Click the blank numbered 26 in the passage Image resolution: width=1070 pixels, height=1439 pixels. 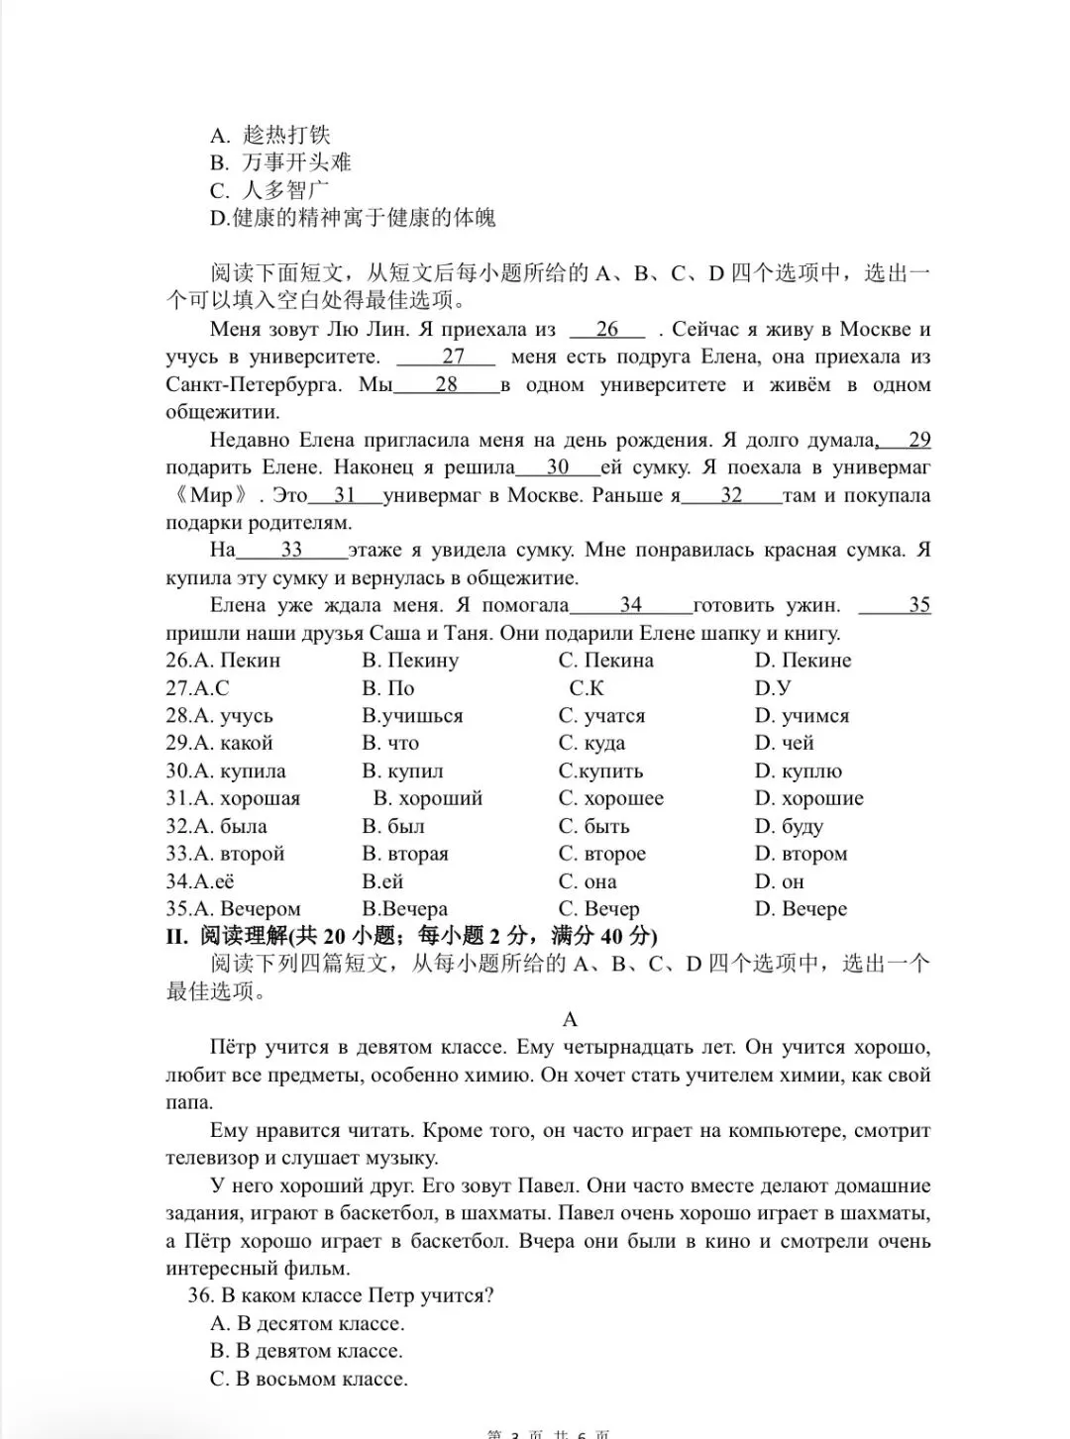point(607,330)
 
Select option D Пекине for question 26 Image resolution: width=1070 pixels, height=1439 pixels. point(802,661)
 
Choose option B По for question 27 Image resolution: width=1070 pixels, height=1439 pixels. point(388,688)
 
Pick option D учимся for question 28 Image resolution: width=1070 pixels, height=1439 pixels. point(802,716)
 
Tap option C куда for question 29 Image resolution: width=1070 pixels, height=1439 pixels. point(591,743)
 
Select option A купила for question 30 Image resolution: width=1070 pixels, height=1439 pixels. point(226,771)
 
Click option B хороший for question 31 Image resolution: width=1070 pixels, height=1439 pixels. point(428,798)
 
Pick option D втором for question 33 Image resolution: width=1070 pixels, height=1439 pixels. point(801,854)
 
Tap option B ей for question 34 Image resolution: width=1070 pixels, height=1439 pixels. point(382,881)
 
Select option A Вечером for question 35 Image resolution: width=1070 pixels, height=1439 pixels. point(233,909)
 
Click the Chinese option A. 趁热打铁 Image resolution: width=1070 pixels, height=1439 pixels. point(270,135)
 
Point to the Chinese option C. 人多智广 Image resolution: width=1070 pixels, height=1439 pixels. point(270,190)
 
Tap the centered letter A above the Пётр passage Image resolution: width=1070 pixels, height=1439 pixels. point(570,1019)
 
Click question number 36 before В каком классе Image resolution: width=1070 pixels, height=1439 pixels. point(200,1295)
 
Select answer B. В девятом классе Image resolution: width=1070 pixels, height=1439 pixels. point(306,1351)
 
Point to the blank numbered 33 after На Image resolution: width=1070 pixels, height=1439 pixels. point(291,550)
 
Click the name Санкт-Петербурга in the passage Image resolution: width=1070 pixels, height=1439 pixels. point(253,384)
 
